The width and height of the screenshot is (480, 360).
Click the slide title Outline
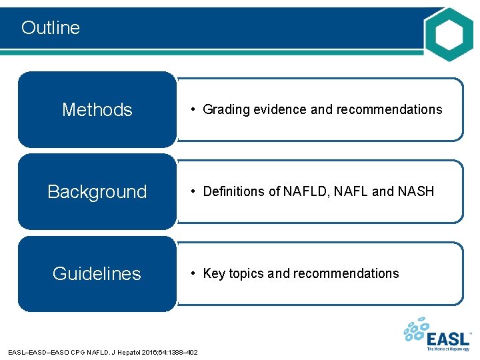(x=51, y=27)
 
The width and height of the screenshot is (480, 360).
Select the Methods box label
(x=97, y=109)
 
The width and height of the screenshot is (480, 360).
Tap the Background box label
(x=97, y=192)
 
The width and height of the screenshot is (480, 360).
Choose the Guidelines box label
(x=97, y=274)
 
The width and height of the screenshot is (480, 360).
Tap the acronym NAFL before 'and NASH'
(x=351, y=192)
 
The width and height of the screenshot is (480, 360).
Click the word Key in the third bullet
(x=214, y=273)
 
